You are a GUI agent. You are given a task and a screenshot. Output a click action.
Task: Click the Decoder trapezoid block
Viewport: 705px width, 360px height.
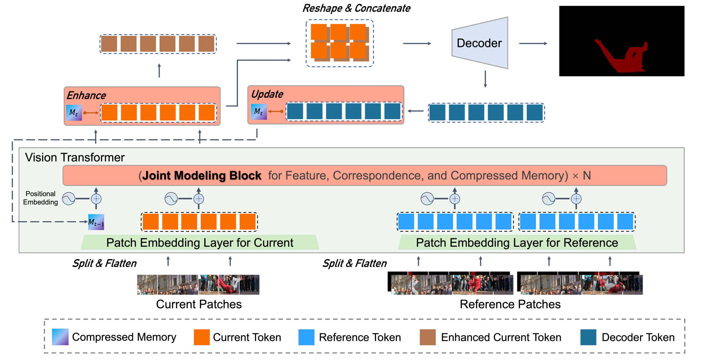point(480,43)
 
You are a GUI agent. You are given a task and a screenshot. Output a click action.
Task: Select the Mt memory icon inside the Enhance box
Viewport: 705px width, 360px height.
point(74,113)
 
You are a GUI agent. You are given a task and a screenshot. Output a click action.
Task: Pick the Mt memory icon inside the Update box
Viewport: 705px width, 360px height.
point(259,112)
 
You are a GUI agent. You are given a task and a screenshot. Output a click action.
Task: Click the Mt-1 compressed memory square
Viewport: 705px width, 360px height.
point(96,222)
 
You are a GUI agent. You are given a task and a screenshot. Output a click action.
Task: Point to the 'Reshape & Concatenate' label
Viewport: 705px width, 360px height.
point(356,8)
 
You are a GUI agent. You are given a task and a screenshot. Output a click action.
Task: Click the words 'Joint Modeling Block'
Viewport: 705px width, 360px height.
point(202,176)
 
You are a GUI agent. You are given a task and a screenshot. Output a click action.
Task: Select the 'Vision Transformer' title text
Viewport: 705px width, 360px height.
point(75,157)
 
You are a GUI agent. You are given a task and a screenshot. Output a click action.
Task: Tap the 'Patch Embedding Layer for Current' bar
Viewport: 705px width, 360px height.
point(200,243)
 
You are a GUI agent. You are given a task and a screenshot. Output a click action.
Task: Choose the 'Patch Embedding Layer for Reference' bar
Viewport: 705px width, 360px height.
point(517,243)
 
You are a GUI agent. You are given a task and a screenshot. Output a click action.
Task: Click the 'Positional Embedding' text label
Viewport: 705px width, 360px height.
point(40,198)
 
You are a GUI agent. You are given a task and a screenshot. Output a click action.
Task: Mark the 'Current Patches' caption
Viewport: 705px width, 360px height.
point(199,304)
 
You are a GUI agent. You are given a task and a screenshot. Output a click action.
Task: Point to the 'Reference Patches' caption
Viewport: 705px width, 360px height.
point(510,304)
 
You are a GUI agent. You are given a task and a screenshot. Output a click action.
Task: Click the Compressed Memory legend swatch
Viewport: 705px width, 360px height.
point(60,337)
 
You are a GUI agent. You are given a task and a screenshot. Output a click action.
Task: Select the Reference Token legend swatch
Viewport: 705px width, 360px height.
point(306,337)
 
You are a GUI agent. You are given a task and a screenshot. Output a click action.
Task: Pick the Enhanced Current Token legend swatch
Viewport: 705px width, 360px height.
point(428,337)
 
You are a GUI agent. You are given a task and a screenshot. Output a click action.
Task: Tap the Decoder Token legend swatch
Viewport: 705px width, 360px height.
point(588,337)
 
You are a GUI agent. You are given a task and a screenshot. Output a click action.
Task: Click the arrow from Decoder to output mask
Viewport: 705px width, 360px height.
point(533,43)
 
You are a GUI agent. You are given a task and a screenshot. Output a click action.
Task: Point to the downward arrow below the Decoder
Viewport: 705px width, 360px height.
point(485,79)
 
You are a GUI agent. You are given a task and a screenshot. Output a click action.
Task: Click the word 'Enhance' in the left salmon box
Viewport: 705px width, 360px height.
point(86,95)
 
